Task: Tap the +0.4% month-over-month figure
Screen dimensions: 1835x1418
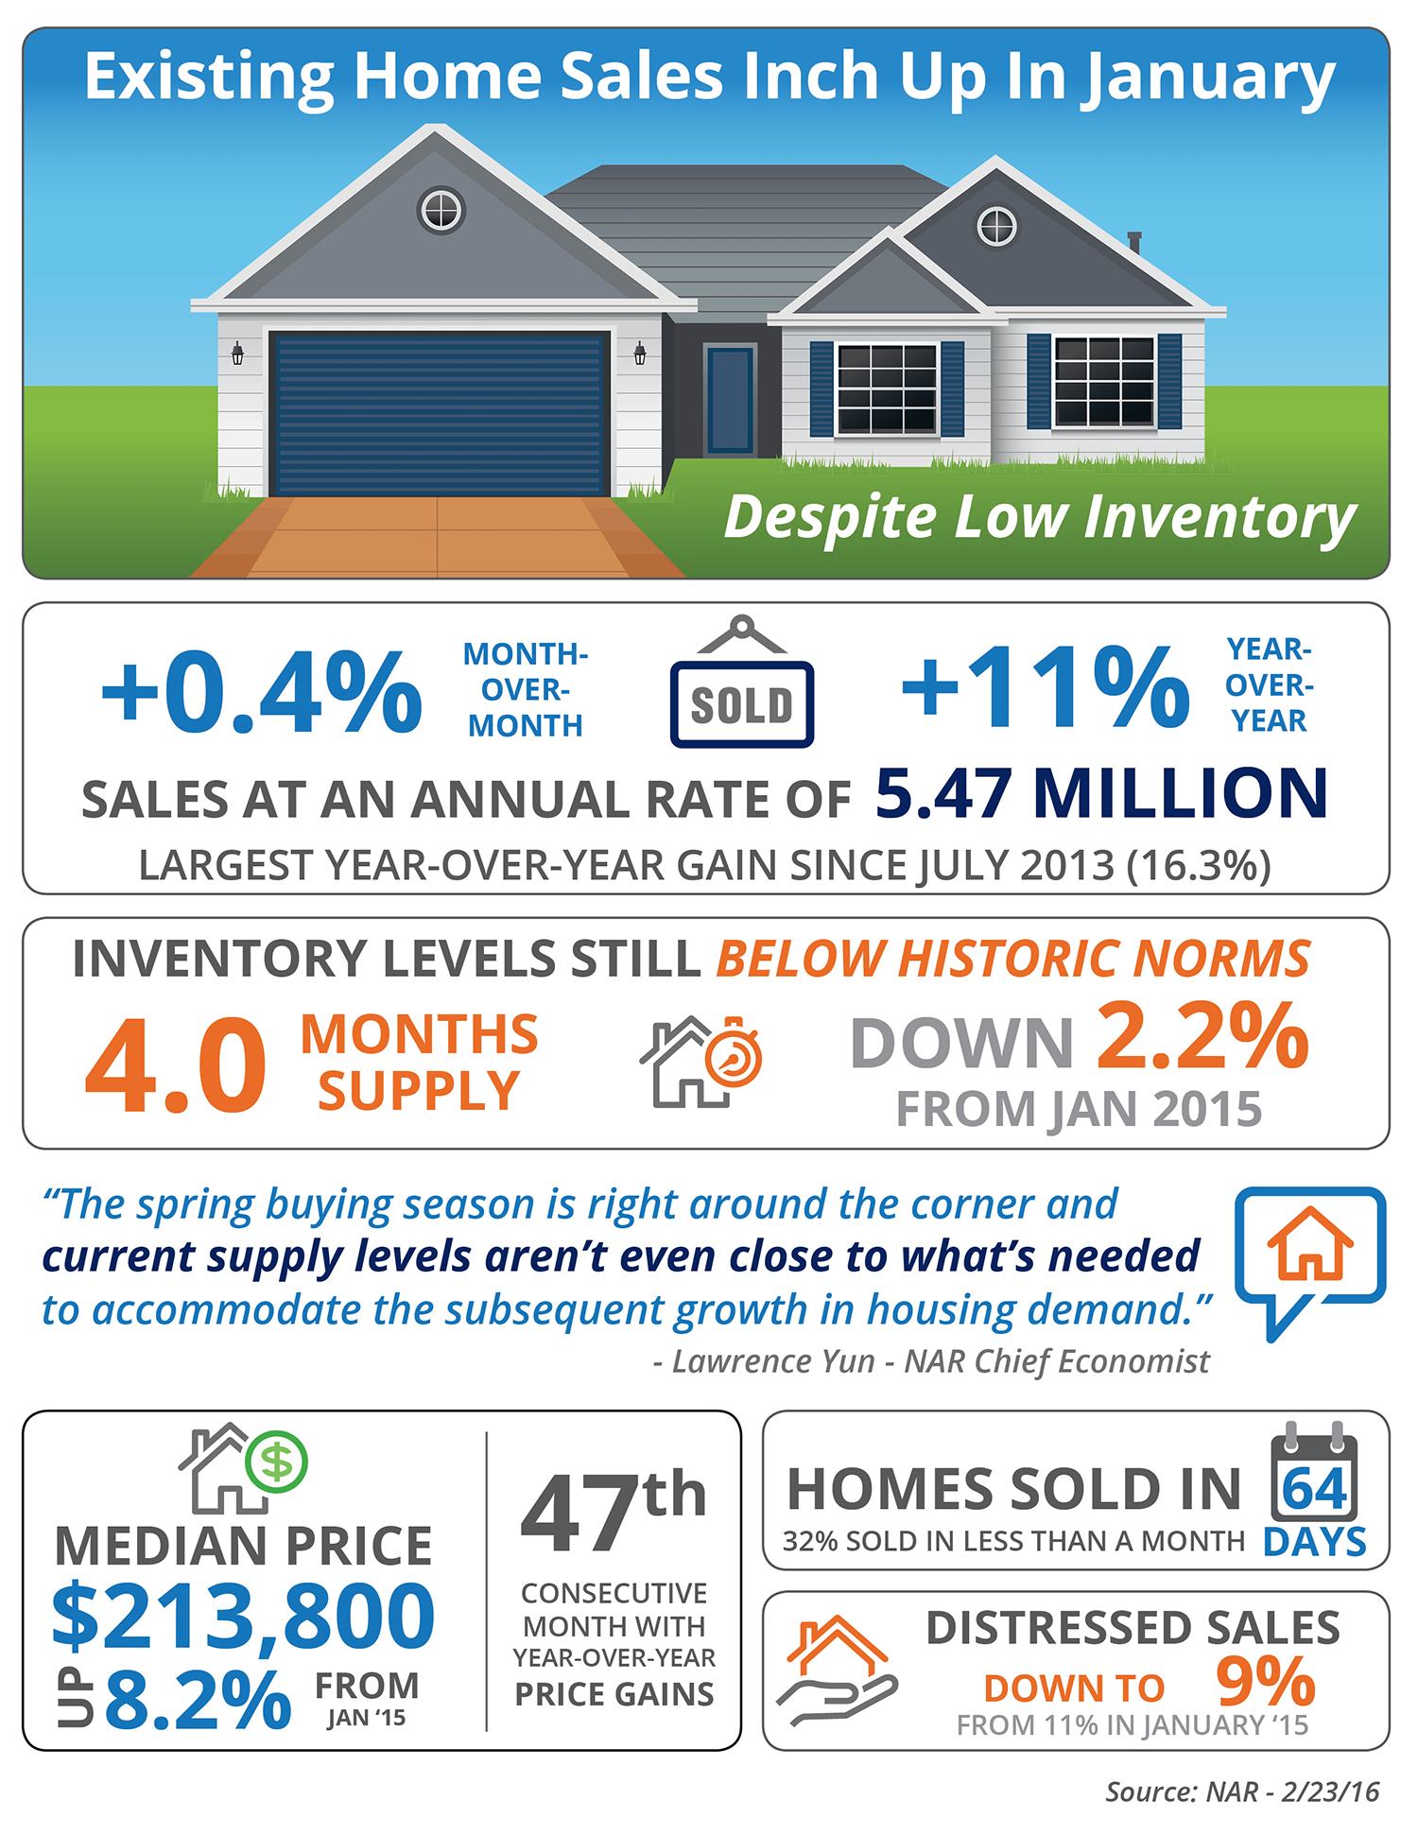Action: (262, 692)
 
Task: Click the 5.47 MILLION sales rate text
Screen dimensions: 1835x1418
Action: (1101, 793)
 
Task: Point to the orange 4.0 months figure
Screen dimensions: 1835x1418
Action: (176, 1067)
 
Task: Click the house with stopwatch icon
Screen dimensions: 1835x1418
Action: (700, 1062)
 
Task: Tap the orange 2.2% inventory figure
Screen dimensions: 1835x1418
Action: (1202, 1037)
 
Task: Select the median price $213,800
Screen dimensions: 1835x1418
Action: (244, 1617)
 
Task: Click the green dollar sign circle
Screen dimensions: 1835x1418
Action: (276, 1462)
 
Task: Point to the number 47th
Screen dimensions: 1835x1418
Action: (613, 1513)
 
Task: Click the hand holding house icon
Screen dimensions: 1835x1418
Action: (836, 1671)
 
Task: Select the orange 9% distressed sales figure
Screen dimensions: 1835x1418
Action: (1265, 1683)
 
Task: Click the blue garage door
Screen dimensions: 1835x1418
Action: (438, 413)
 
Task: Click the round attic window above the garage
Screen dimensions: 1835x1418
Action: (441, 210)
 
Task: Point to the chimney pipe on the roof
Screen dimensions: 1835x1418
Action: (1134, 243)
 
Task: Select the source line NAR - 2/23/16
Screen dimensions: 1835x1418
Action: (1242, 1792)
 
